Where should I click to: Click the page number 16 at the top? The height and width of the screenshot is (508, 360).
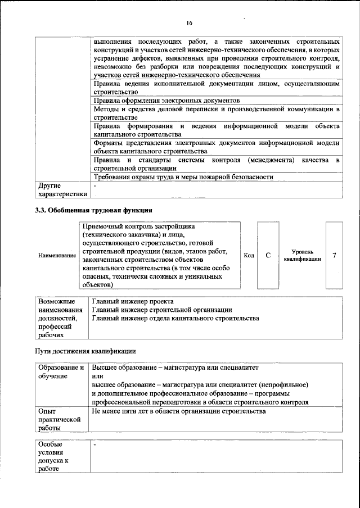[x=189, y=22]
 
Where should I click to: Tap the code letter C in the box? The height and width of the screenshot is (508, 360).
[x=268, y=255]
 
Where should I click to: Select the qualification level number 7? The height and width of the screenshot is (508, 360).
[x=335, y=255]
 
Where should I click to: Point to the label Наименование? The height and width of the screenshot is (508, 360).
[x=57, y=256]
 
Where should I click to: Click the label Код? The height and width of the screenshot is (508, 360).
[x=248, y=256]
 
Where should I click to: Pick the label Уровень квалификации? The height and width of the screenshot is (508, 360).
[x=302, y=256]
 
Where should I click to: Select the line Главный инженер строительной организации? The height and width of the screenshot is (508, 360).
[x=162, y=310]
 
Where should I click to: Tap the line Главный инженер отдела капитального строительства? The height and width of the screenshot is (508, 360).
[x=175, y=319]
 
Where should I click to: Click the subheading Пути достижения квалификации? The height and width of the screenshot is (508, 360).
[x=83, y=351]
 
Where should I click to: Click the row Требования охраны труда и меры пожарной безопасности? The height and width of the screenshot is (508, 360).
[x=183, y=177]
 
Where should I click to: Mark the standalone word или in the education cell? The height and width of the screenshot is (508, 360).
[x=98, y=377]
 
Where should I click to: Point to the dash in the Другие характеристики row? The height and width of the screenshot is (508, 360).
[x=95, y=185]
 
